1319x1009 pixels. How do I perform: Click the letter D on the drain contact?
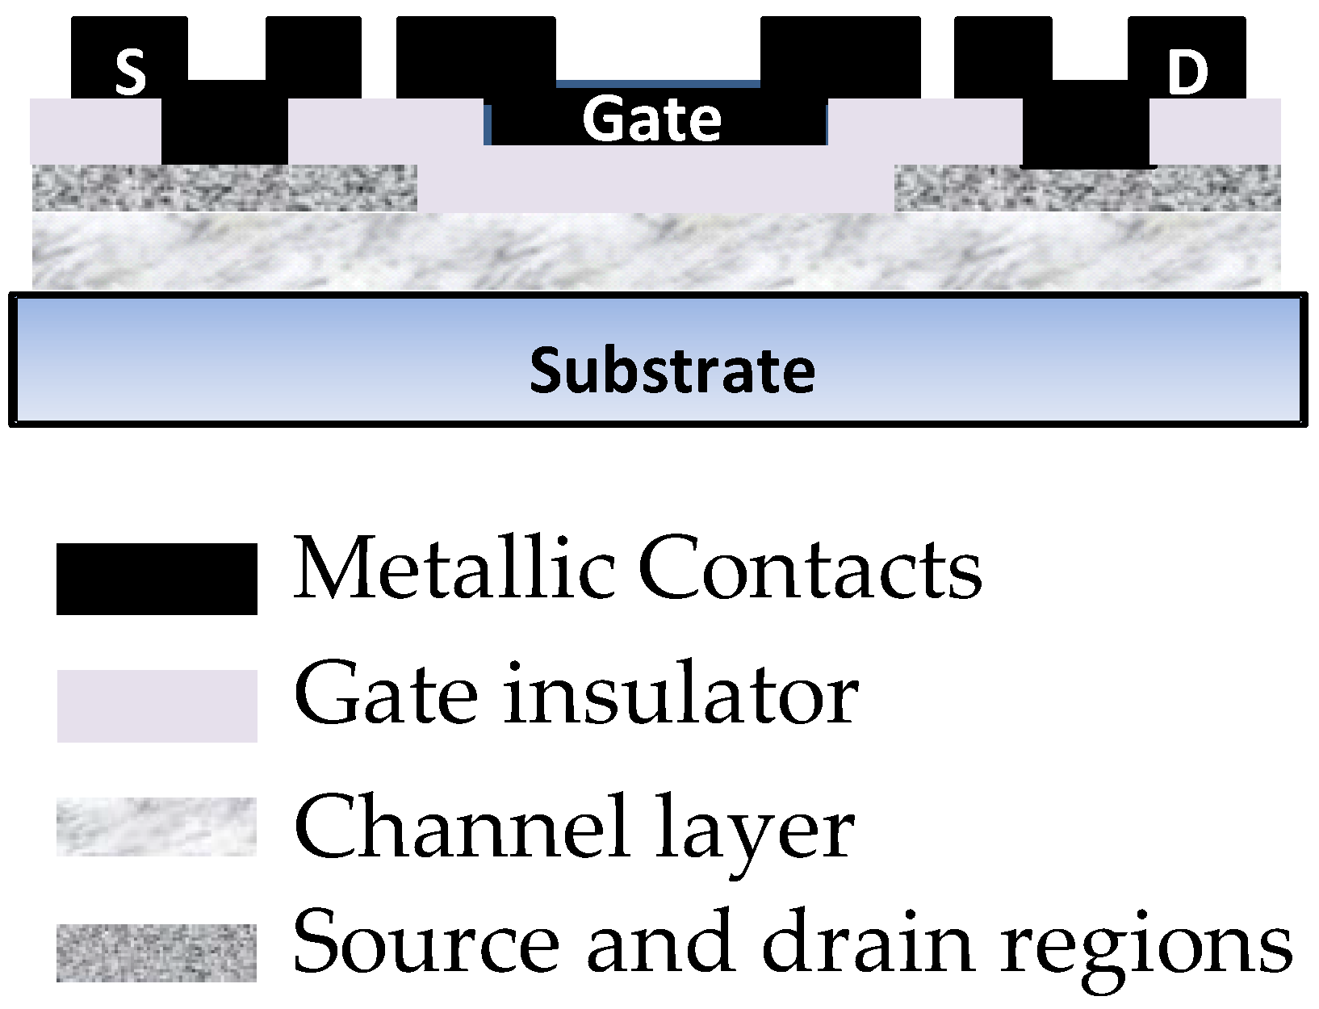coord(1187,73)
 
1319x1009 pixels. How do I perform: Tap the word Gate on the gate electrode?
coord(651,119)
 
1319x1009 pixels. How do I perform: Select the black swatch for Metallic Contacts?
coord(157,579)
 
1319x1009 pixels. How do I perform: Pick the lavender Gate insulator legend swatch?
coord(157,705)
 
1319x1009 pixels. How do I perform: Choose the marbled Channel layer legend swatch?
coord(157,827)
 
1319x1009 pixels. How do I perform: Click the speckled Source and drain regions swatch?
coord(157,952)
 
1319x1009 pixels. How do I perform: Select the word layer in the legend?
coord(754,828)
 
